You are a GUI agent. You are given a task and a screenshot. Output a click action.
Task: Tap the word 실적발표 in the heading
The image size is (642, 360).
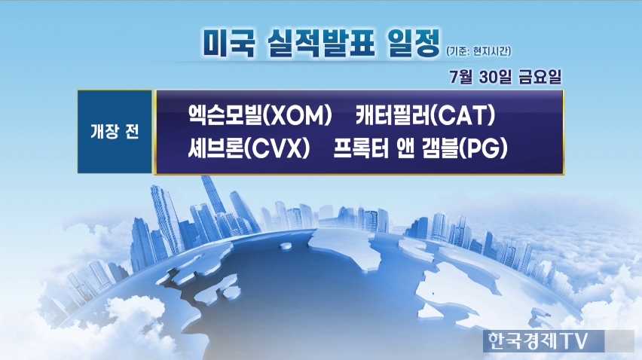[x=320, y=43]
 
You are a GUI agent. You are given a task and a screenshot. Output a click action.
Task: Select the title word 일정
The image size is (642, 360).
[x=413, y=43]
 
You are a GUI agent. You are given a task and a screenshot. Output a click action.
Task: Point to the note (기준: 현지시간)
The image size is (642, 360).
[x=478, y=51]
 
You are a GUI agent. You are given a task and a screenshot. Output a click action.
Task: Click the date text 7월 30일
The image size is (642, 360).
[x=480, y=77]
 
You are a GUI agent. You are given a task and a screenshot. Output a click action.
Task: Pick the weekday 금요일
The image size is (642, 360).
[x=540, y=77]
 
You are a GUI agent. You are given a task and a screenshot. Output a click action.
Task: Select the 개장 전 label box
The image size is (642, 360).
[x=115, y=132]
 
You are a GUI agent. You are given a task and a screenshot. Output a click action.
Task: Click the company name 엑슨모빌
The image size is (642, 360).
[x=225, y=115]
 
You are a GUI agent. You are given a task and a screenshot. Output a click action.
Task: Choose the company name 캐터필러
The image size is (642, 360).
[x=393, y=115]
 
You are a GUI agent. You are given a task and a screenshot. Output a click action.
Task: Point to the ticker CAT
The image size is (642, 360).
[x=463, y=116]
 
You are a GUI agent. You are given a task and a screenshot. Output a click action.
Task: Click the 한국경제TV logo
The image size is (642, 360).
[x=537, y=340]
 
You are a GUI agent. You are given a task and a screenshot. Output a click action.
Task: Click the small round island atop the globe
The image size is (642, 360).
[x=286, y=246]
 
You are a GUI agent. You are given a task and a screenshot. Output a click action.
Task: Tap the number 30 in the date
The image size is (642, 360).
[x=487, y=77]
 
